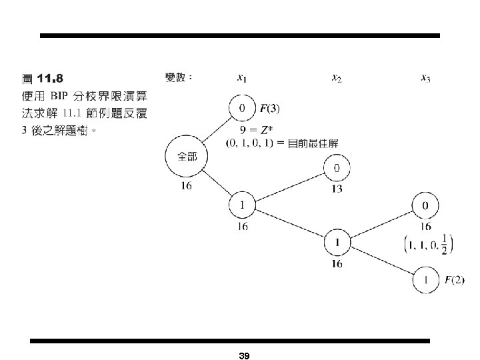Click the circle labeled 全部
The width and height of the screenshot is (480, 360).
(x=186, y=157)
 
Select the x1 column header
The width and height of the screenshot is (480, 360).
(x=241, y=79)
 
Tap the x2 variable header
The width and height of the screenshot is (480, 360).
(x=337, y=79)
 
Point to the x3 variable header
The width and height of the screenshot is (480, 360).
(x=425, y=79)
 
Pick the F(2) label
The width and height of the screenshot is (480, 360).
(x=454, y=280)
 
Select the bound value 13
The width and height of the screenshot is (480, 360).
(x=337, y=189)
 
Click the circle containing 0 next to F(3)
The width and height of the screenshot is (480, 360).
(x=241, y=108)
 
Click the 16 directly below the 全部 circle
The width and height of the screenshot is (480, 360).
(x=186, y=186)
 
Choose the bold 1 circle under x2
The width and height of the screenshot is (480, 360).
(x=337, y=243)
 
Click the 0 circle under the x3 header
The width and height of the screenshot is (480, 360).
(x=425, y=205)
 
